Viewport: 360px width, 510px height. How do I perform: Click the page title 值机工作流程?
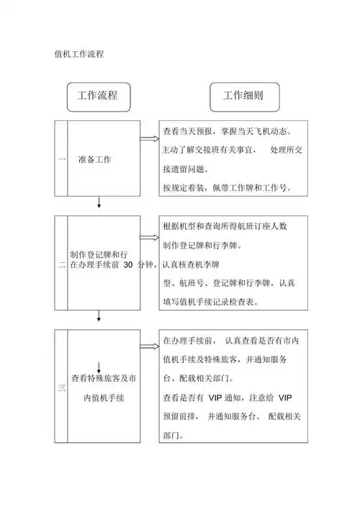coord(81,54)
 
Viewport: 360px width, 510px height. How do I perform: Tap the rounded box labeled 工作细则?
coord(242,96)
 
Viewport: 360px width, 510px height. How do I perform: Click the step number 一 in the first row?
coord(61,159)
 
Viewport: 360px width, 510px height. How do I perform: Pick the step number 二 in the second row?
coord(61,265)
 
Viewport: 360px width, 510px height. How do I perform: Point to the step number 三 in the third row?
coord(61,389)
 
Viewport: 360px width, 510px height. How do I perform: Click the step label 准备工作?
coord(94,159)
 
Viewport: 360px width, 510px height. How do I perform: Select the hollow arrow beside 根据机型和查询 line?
coord(149,237)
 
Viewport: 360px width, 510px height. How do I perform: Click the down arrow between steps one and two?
coord(99,205)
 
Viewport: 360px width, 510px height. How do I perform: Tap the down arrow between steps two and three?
coord(99,317)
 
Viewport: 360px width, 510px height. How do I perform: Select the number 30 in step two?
coord(128,265)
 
